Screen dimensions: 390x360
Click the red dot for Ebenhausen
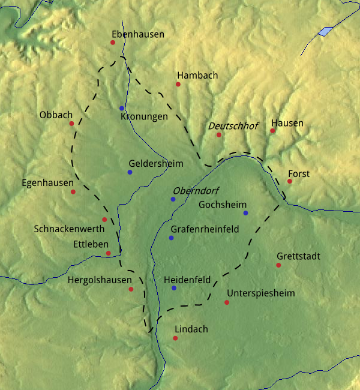[112, 43]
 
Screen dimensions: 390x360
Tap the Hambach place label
[197, 76]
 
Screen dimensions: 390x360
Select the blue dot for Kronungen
[122, 108]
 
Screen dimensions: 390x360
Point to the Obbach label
[56, 115]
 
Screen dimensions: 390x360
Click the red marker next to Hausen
[272, 130]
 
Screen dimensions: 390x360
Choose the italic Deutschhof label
[233, 126]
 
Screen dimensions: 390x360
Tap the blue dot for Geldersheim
[130, 172]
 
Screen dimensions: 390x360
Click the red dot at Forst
[289, 181]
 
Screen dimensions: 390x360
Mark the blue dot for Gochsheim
[245, 213]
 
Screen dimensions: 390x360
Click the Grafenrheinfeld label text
[205, 229]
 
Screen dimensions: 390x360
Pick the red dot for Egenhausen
[73, 192]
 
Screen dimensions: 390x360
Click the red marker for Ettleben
[108, 253]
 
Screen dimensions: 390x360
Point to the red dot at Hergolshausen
[131, 289]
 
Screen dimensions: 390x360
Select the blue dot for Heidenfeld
[174, 288]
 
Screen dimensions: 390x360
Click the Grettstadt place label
[298, 256]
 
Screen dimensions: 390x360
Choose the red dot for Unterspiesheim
[227, 302]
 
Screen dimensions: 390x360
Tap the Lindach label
[191, 329]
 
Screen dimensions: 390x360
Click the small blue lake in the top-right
[325, 31]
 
